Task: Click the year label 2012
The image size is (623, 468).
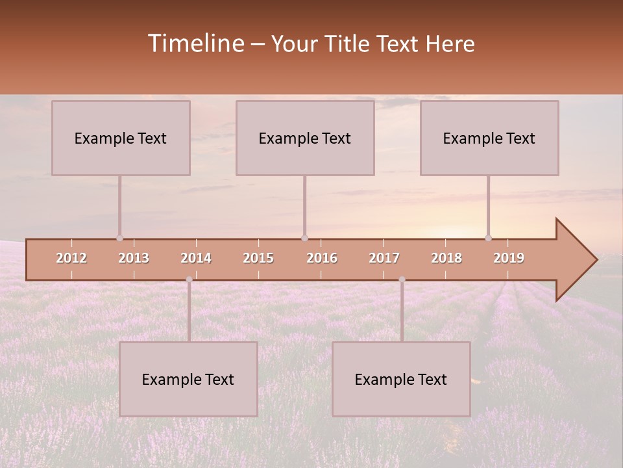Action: tap(71, 258)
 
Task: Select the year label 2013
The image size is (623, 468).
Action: tap(134, 258)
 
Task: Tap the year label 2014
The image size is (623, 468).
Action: tap(196, 258)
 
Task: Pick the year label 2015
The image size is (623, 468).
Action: tap(258, 258)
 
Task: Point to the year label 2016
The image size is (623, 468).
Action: tap(322, 258)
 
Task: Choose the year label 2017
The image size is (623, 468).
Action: tap(384, 258)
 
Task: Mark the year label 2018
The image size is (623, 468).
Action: tap(446, 258)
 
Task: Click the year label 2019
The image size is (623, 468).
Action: tap(509, 258)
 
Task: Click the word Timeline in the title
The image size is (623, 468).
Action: tap(195, 44)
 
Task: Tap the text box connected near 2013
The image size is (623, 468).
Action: tap(121, 138)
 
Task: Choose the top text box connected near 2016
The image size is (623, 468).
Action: tap(305, 138)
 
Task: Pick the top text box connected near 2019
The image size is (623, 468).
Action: tap(489, 138)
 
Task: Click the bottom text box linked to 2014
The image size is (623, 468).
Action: tap(188, 379)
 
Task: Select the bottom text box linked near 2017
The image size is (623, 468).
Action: tap(401, 379)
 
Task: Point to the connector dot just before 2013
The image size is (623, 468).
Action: tap(119, 238)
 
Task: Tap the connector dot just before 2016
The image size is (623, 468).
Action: tap(304, 238)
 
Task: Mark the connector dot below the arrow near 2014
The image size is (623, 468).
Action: tap(189, 279)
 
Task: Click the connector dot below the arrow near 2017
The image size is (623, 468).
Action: tap(402, 279)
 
